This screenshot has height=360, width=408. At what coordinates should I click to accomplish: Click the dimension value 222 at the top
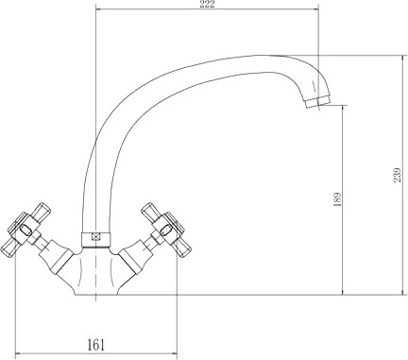click(207, 4)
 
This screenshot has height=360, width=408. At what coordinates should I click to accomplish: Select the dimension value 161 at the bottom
click(95, 345)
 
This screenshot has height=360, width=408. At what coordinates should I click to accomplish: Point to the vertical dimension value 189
click(337, 199)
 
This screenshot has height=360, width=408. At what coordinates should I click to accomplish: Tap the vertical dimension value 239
click(397, 175)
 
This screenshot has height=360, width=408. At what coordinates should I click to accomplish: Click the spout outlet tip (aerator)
click(318, 101)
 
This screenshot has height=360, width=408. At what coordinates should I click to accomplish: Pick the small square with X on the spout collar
click(95, 236)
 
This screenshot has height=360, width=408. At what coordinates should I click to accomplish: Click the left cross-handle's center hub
click(25, 230)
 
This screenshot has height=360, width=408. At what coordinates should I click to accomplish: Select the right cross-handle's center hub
click(165, 230)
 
